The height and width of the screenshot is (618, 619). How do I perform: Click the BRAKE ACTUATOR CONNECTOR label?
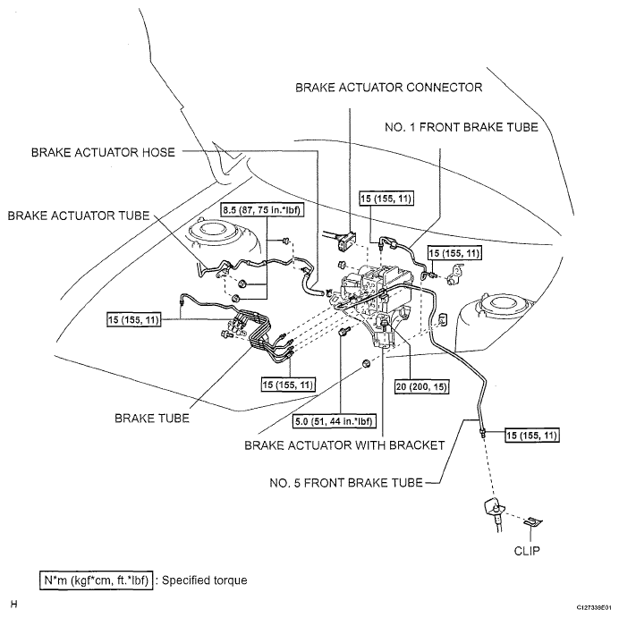click(383, 88)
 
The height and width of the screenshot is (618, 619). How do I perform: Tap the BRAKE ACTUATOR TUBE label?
click(80, 216)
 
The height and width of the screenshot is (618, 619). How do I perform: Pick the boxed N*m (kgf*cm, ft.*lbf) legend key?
click(96, 580)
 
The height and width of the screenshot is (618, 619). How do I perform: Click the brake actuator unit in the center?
click(376, 300)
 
